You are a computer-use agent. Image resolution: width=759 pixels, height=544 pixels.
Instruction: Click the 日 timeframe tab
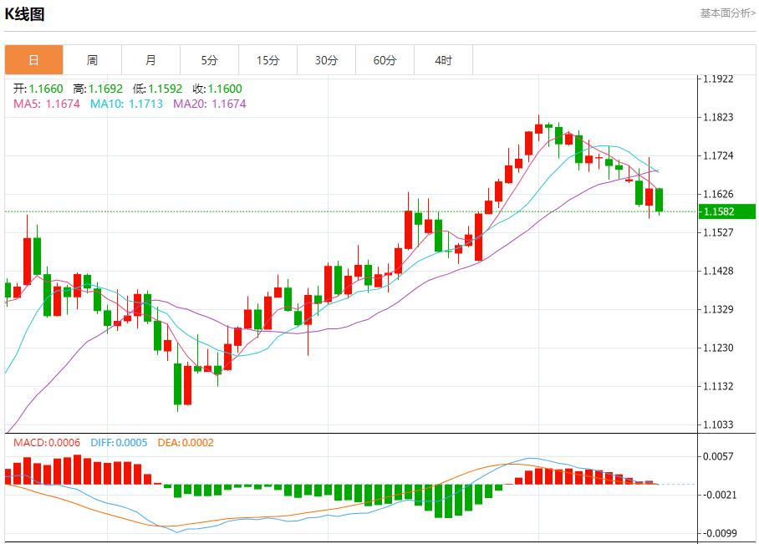pos(33,60)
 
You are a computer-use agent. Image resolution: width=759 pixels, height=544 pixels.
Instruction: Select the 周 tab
pos(92,60)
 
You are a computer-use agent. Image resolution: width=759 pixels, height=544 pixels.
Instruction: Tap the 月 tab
pos(150,60)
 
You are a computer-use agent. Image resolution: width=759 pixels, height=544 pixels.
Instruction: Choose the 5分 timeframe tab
pos(209,60)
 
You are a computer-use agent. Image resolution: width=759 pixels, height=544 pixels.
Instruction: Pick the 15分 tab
pos(267,60)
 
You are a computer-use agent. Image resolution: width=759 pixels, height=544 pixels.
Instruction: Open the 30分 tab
pos(326,60)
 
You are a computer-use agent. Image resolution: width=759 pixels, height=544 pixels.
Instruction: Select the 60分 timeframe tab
pos(385,60)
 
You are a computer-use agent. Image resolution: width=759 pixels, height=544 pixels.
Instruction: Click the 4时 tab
pos(443,60)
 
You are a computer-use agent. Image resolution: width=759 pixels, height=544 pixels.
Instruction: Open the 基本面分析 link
pos(727,13)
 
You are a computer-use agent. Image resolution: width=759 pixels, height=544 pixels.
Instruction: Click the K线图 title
pos(25,14)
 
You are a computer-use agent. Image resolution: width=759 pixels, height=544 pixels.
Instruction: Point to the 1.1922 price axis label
pos(718,79)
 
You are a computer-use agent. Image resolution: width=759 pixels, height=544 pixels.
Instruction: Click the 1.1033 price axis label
pos(718,425)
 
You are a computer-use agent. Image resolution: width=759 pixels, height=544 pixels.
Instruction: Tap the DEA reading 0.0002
pos(181,442)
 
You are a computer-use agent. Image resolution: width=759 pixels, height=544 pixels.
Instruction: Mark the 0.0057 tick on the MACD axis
pos(718,456)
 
